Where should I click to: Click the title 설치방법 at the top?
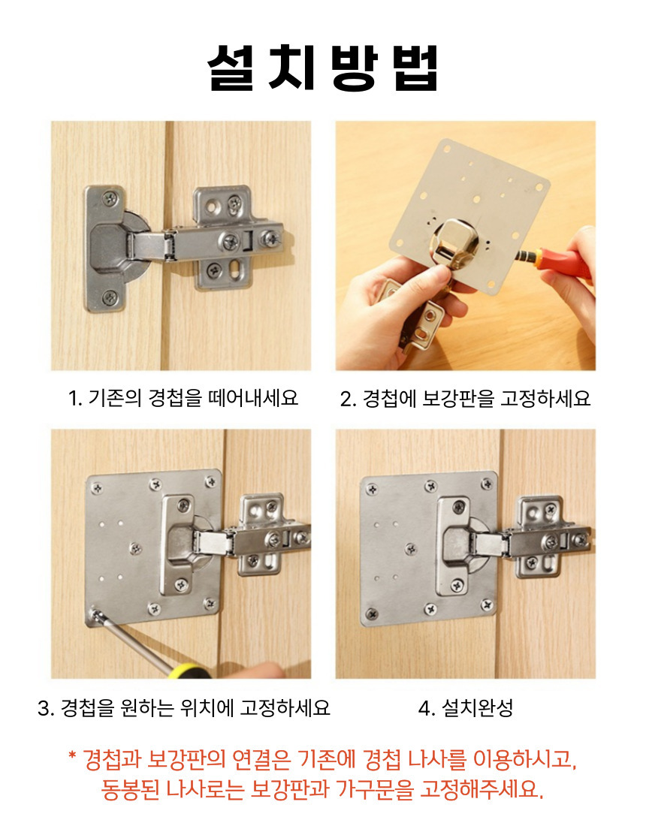(x=322, y=68)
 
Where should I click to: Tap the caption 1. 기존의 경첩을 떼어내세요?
(x=183, y=398)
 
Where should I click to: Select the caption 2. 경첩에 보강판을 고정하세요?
(x=465, y=398)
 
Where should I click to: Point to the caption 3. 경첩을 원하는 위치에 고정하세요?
(x=184, y=707)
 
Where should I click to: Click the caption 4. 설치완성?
(x=465, y=707)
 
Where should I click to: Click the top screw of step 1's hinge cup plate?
(x=110, y=198)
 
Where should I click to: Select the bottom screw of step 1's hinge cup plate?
(x=110, y=297)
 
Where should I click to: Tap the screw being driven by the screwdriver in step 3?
(x=95, y=614)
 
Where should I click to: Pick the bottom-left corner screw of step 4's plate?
(x=372, y=613)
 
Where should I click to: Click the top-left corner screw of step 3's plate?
(x=97, y=488)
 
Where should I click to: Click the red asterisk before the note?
(x=73, y=755)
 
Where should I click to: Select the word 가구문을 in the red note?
(x=373, y=788)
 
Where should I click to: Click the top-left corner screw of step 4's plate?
(x=372, y=489)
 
